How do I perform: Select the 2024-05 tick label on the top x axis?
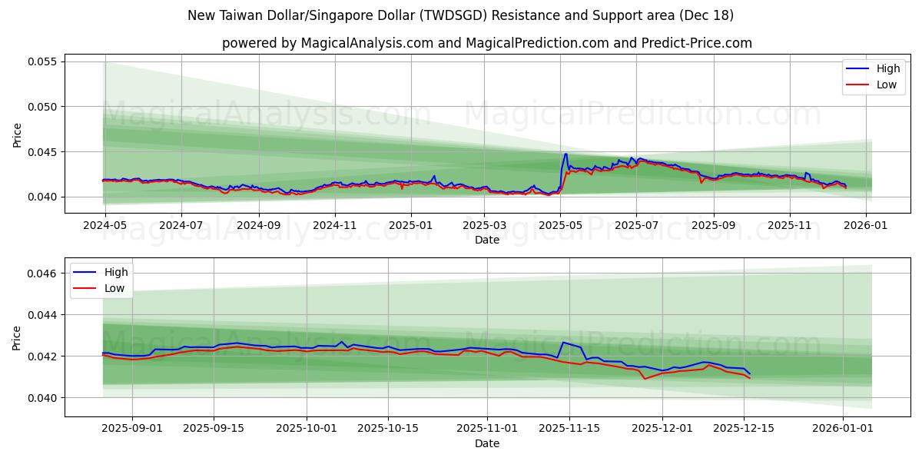point(104,225)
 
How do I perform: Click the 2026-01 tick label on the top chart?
point(866,225)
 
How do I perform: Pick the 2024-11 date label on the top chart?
point(334,225)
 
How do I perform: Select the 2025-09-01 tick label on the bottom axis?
point(132,429)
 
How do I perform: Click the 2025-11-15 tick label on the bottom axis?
point(569,429)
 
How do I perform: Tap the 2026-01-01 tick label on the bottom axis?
point(843,429)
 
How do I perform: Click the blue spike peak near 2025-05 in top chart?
point(565,154)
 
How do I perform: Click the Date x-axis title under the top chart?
point(486,240)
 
